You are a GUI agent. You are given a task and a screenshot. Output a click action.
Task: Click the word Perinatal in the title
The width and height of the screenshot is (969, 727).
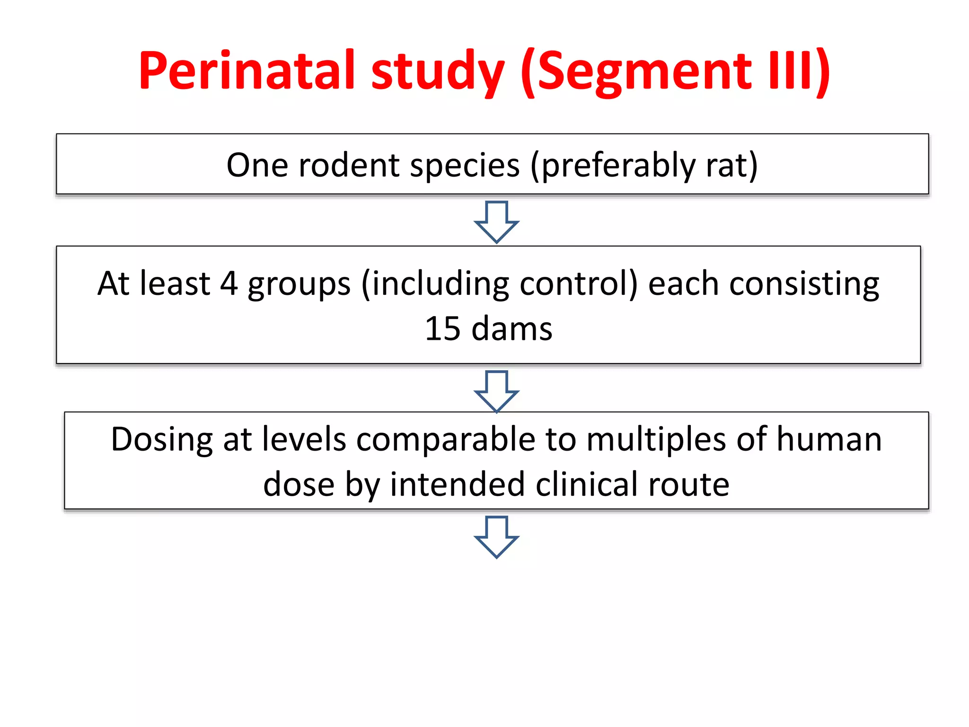[247, 71]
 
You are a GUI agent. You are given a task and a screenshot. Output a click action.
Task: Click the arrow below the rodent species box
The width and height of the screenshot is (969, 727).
[496, 222]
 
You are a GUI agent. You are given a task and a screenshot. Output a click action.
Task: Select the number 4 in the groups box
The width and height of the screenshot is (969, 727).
[229, 284]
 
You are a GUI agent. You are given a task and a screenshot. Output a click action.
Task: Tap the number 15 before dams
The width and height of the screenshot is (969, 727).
[442, 328]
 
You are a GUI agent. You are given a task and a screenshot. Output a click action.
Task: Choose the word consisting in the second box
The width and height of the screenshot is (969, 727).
[804, 284]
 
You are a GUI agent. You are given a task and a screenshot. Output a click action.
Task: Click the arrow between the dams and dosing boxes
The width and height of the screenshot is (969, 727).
[496, 391]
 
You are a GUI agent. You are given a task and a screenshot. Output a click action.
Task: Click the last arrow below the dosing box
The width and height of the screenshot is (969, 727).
[496, 537]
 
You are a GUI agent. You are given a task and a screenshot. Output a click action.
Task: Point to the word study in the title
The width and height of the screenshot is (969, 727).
[438, 72]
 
